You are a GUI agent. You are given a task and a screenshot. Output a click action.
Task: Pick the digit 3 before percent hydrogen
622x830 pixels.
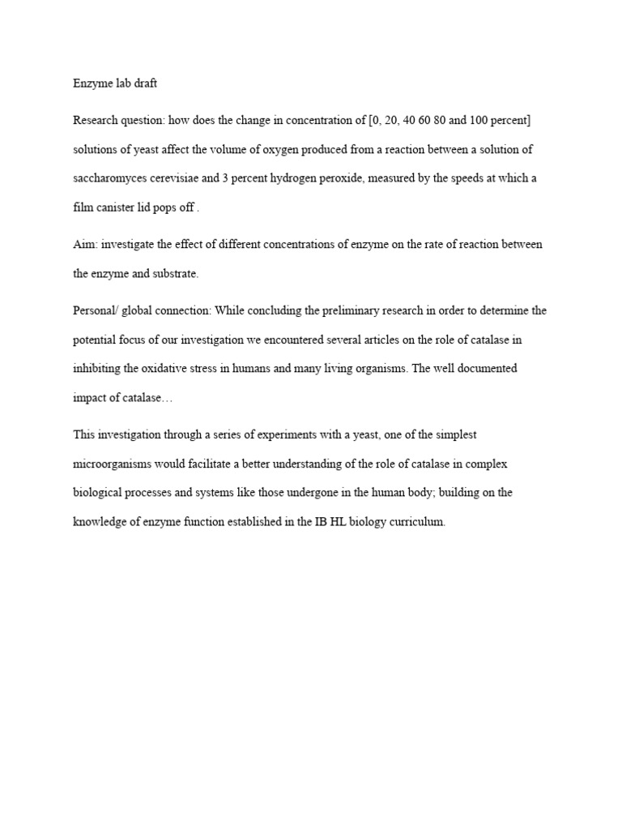coord(224,178)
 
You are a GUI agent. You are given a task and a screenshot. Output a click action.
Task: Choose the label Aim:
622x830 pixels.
coord(85,245)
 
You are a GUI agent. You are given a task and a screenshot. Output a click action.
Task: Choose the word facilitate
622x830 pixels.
coord(213,464)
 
